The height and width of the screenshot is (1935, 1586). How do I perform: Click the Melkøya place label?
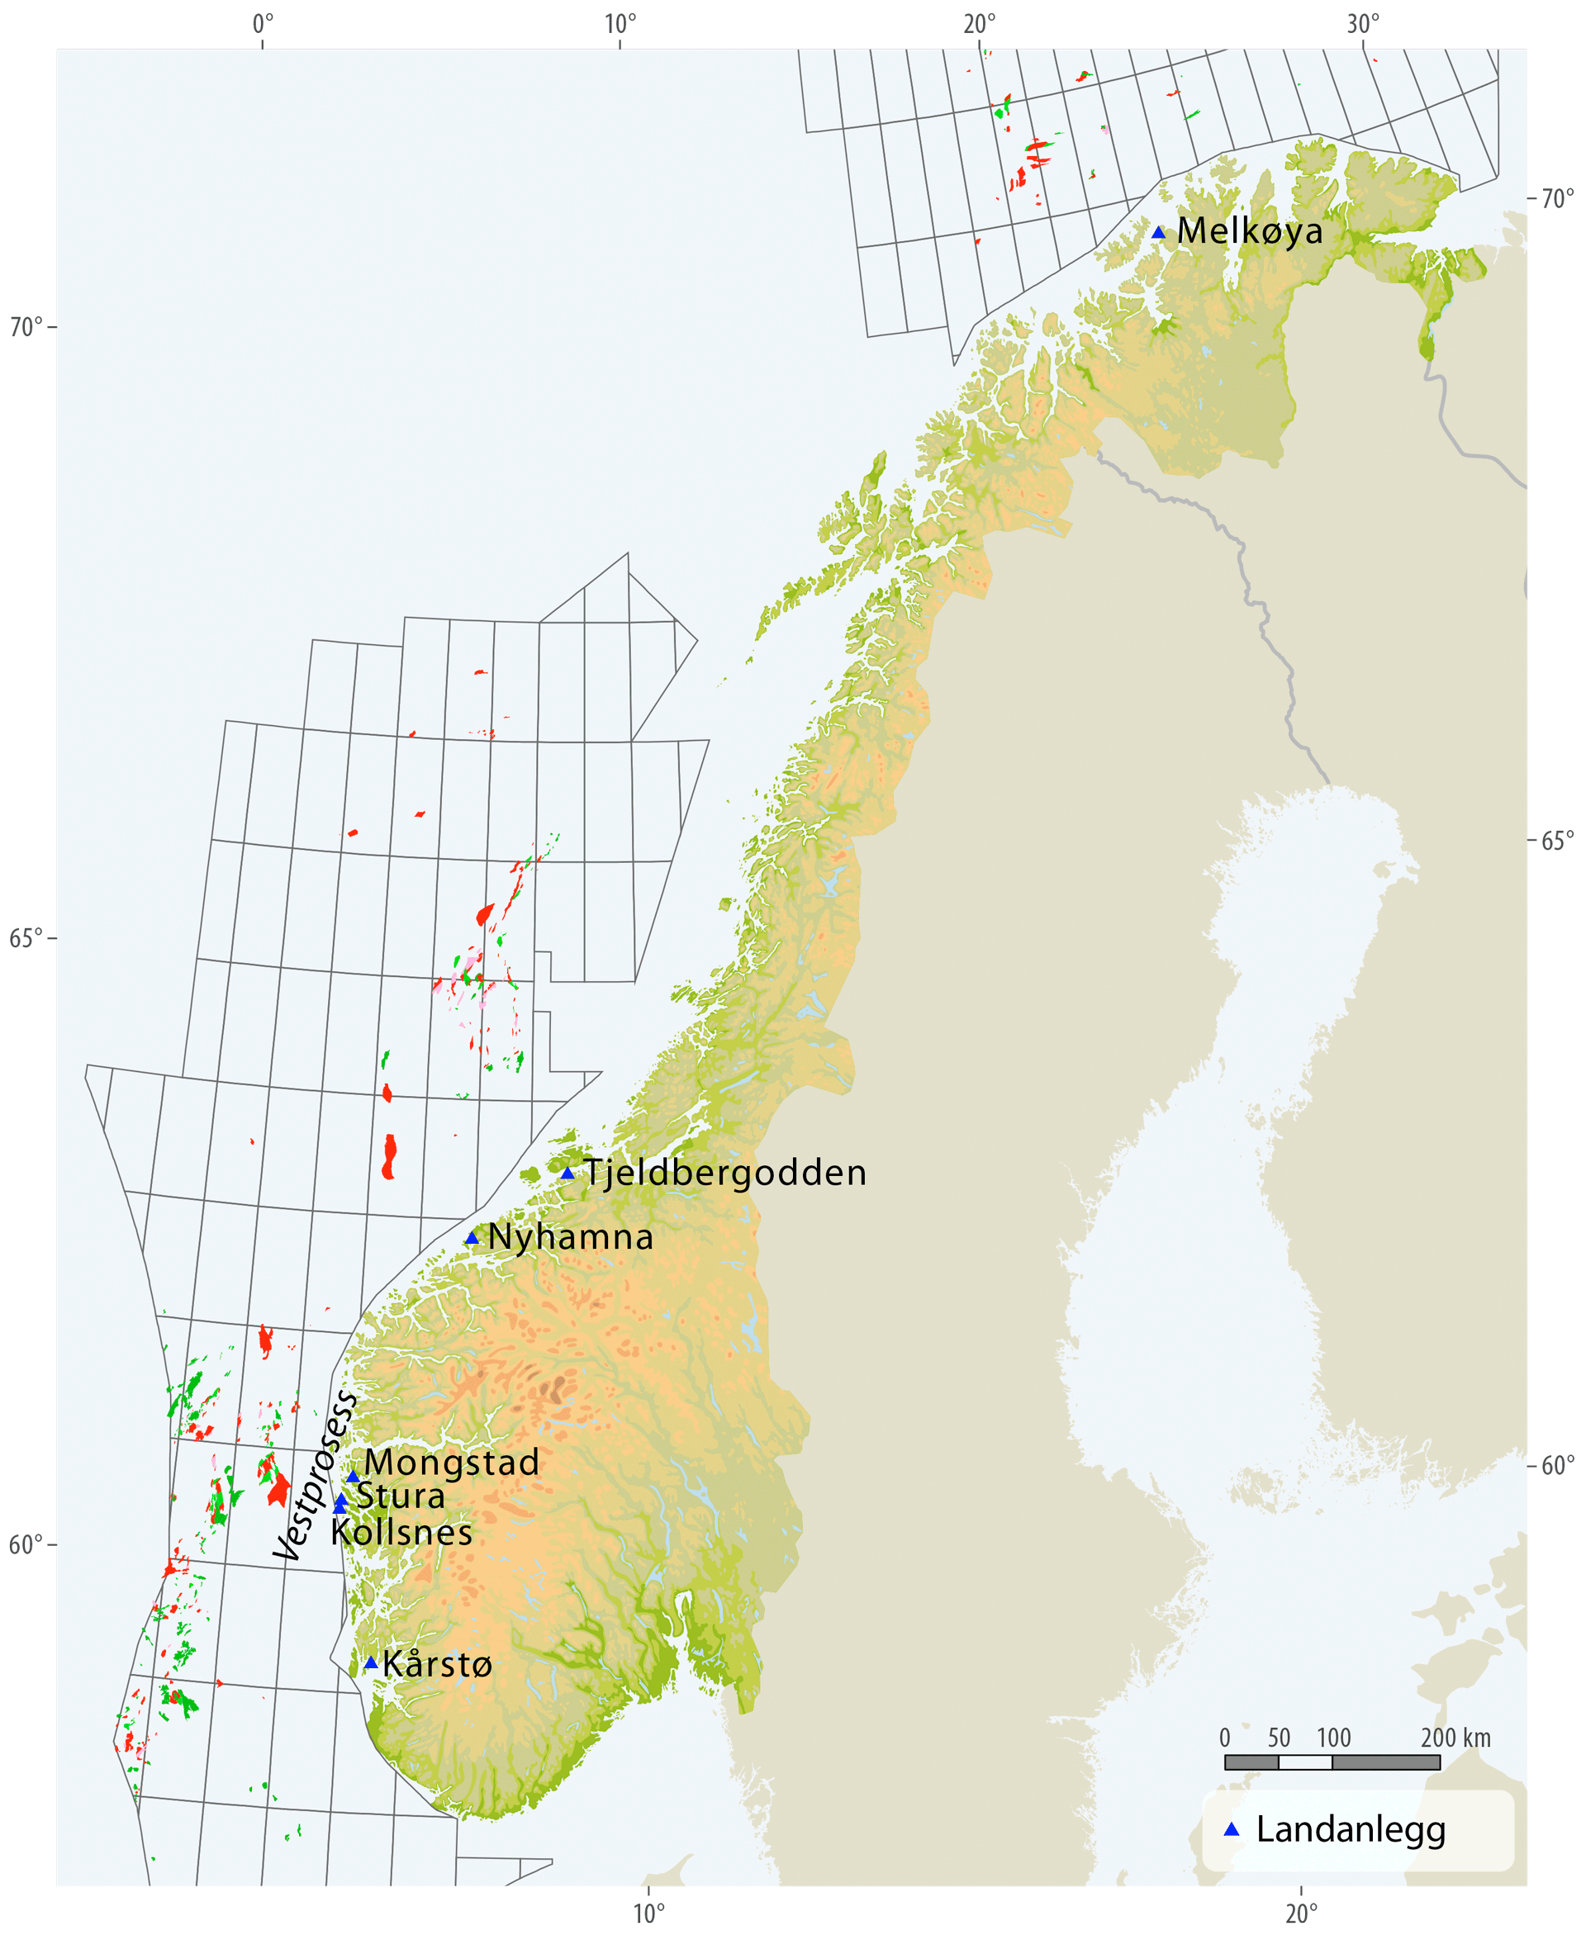(x=1249, y=231)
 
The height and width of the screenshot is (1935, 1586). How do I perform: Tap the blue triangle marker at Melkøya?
(x=1158, y=233)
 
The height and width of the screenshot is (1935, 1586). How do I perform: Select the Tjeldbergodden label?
(x=725, y=1174)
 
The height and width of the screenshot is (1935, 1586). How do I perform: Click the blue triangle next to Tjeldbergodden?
(x=567, y=1174)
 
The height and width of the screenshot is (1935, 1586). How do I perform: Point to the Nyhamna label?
(x=571, y=1238)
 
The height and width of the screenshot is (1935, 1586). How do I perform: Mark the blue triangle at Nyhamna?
(x=472, y=1239)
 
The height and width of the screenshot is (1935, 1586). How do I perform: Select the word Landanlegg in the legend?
(x=1351, y=1830)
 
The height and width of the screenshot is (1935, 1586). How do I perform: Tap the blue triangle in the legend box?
(x=1232, y=1830)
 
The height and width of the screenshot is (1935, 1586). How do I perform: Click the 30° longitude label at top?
(x=1363, y=24)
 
